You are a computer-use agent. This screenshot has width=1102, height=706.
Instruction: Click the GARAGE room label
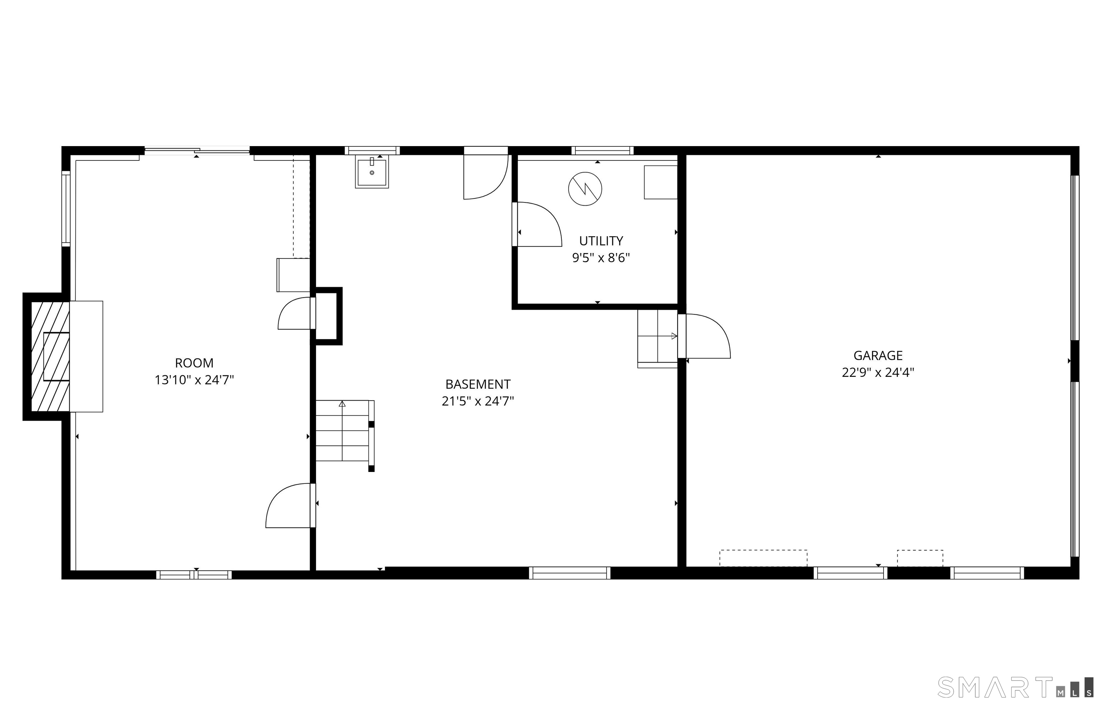point(877,355)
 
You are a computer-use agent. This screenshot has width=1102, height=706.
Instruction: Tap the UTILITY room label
point(601,241)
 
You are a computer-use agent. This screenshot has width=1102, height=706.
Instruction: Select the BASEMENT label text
point(477,384)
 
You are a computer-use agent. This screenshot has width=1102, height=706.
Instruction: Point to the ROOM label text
point(194,363)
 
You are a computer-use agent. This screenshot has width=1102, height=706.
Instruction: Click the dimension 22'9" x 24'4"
point(877,372)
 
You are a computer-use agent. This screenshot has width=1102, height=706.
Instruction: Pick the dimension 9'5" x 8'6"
point(601,258)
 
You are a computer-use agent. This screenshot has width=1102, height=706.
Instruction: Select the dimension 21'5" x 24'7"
point(477,401)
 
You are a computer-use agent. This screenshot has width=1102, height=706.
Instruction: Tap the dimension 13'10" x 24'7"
point(194,380)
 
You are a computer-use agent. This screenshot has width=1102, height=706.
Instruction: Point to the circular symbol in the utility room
point(585,189)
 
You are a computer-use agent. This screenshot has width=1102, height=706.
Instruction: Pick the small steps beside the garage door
point(658,338)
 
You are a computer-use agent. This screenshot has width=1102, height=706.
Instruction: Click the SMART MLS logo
point(1014,687)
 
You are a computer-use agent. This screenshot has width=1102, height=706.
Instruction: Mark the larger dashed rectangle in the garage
point(763,558)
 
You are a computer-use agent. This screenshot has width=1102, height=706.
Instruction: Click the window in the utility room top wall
point(602,150)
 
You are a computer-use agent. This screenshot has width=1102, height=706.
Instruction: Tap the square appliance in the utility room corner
point(661,182)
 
